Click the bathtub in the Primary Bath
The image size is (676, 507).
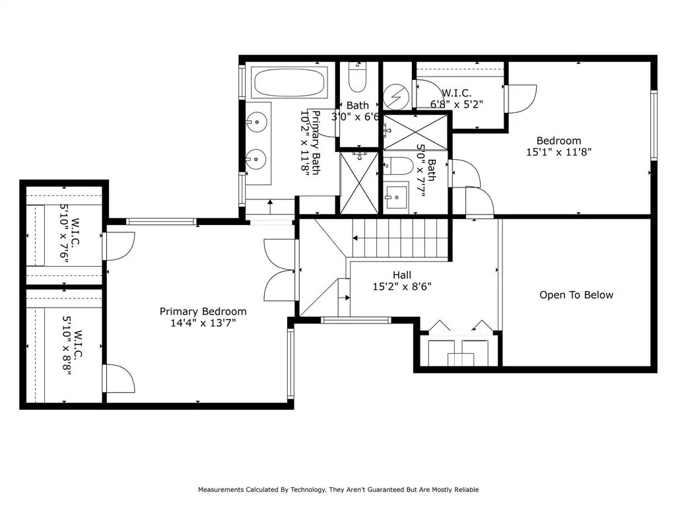288,83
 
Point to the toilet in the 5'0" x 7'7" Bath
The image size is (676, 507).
398,166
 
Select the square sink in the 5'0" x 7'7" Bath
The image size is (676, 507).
398,197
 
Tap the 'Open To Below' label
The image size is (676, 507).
576,295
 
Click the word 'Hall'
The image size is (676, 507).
401,275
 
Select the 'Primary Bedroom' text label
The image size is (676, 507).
203,312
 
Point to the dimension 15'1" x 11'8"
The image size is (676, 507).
558,151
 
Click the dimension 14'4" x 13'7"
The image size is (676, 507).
203,323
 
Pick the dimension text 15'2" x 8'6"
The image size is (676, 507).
401,287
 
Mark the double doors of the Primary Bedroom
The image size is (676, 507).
281,269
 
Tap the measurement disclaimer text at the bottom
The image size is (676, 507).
338,490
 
